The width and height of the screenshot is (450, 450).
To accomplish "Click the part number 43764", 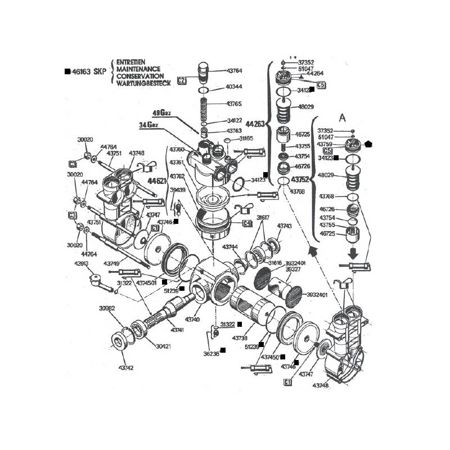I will tap(234, 71).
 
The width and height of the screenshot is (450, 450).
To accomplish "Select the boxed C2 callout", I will tap(181, 80).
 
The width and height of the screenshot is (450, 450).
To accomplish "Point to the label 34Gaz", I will tap(150, 124).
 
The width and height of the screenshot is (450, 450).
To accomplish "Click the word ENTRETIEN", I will tap(131, 61).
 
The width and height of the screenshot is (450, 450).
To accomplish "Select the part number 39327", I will tap(293, 269).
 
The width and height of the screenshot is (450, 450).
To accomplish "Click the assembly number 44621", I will tap(157, 182).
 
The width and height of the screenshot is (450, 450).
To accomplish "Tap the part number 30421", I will tap(163, 346).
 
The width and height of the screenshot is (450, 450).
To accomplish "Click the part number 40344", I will tap(234, 87).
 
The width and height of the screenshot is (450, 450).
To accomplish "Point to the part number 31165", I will tap(246, 138).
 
